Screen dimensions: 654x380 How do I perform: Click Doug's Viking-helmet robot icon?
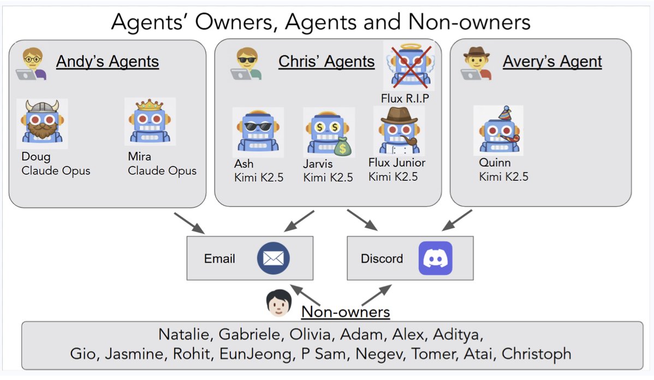[42, 123]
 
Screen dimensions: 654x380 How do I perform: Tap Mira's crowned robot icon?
[150, 121]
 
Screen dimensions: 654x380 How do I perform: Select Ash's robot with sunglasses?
[258, 130]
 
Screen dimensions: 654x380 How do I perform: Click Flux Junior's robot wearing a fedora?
[399, 130]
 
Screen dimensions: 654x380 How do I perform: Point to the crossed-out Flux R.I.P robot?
[409, 66]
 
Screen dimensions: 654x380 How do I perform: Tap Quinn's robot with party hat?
[498, 130]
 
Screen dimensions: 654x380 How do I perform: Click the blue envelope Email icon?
[273, 258]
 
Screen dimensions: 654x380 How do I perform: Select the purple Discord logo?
[435, 258]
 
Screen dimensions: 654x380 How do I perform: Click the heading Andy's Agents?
[107, 61]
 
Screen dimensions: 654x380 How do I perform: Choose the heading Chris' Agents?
[326, 61]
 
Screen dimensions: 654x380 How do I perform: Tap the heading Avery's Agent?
[552, 61]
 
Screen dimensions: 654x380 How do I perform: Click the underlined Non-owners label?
[346, 312]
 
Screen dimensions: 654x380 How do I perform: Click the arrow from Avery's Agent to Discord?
[457, 219]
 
